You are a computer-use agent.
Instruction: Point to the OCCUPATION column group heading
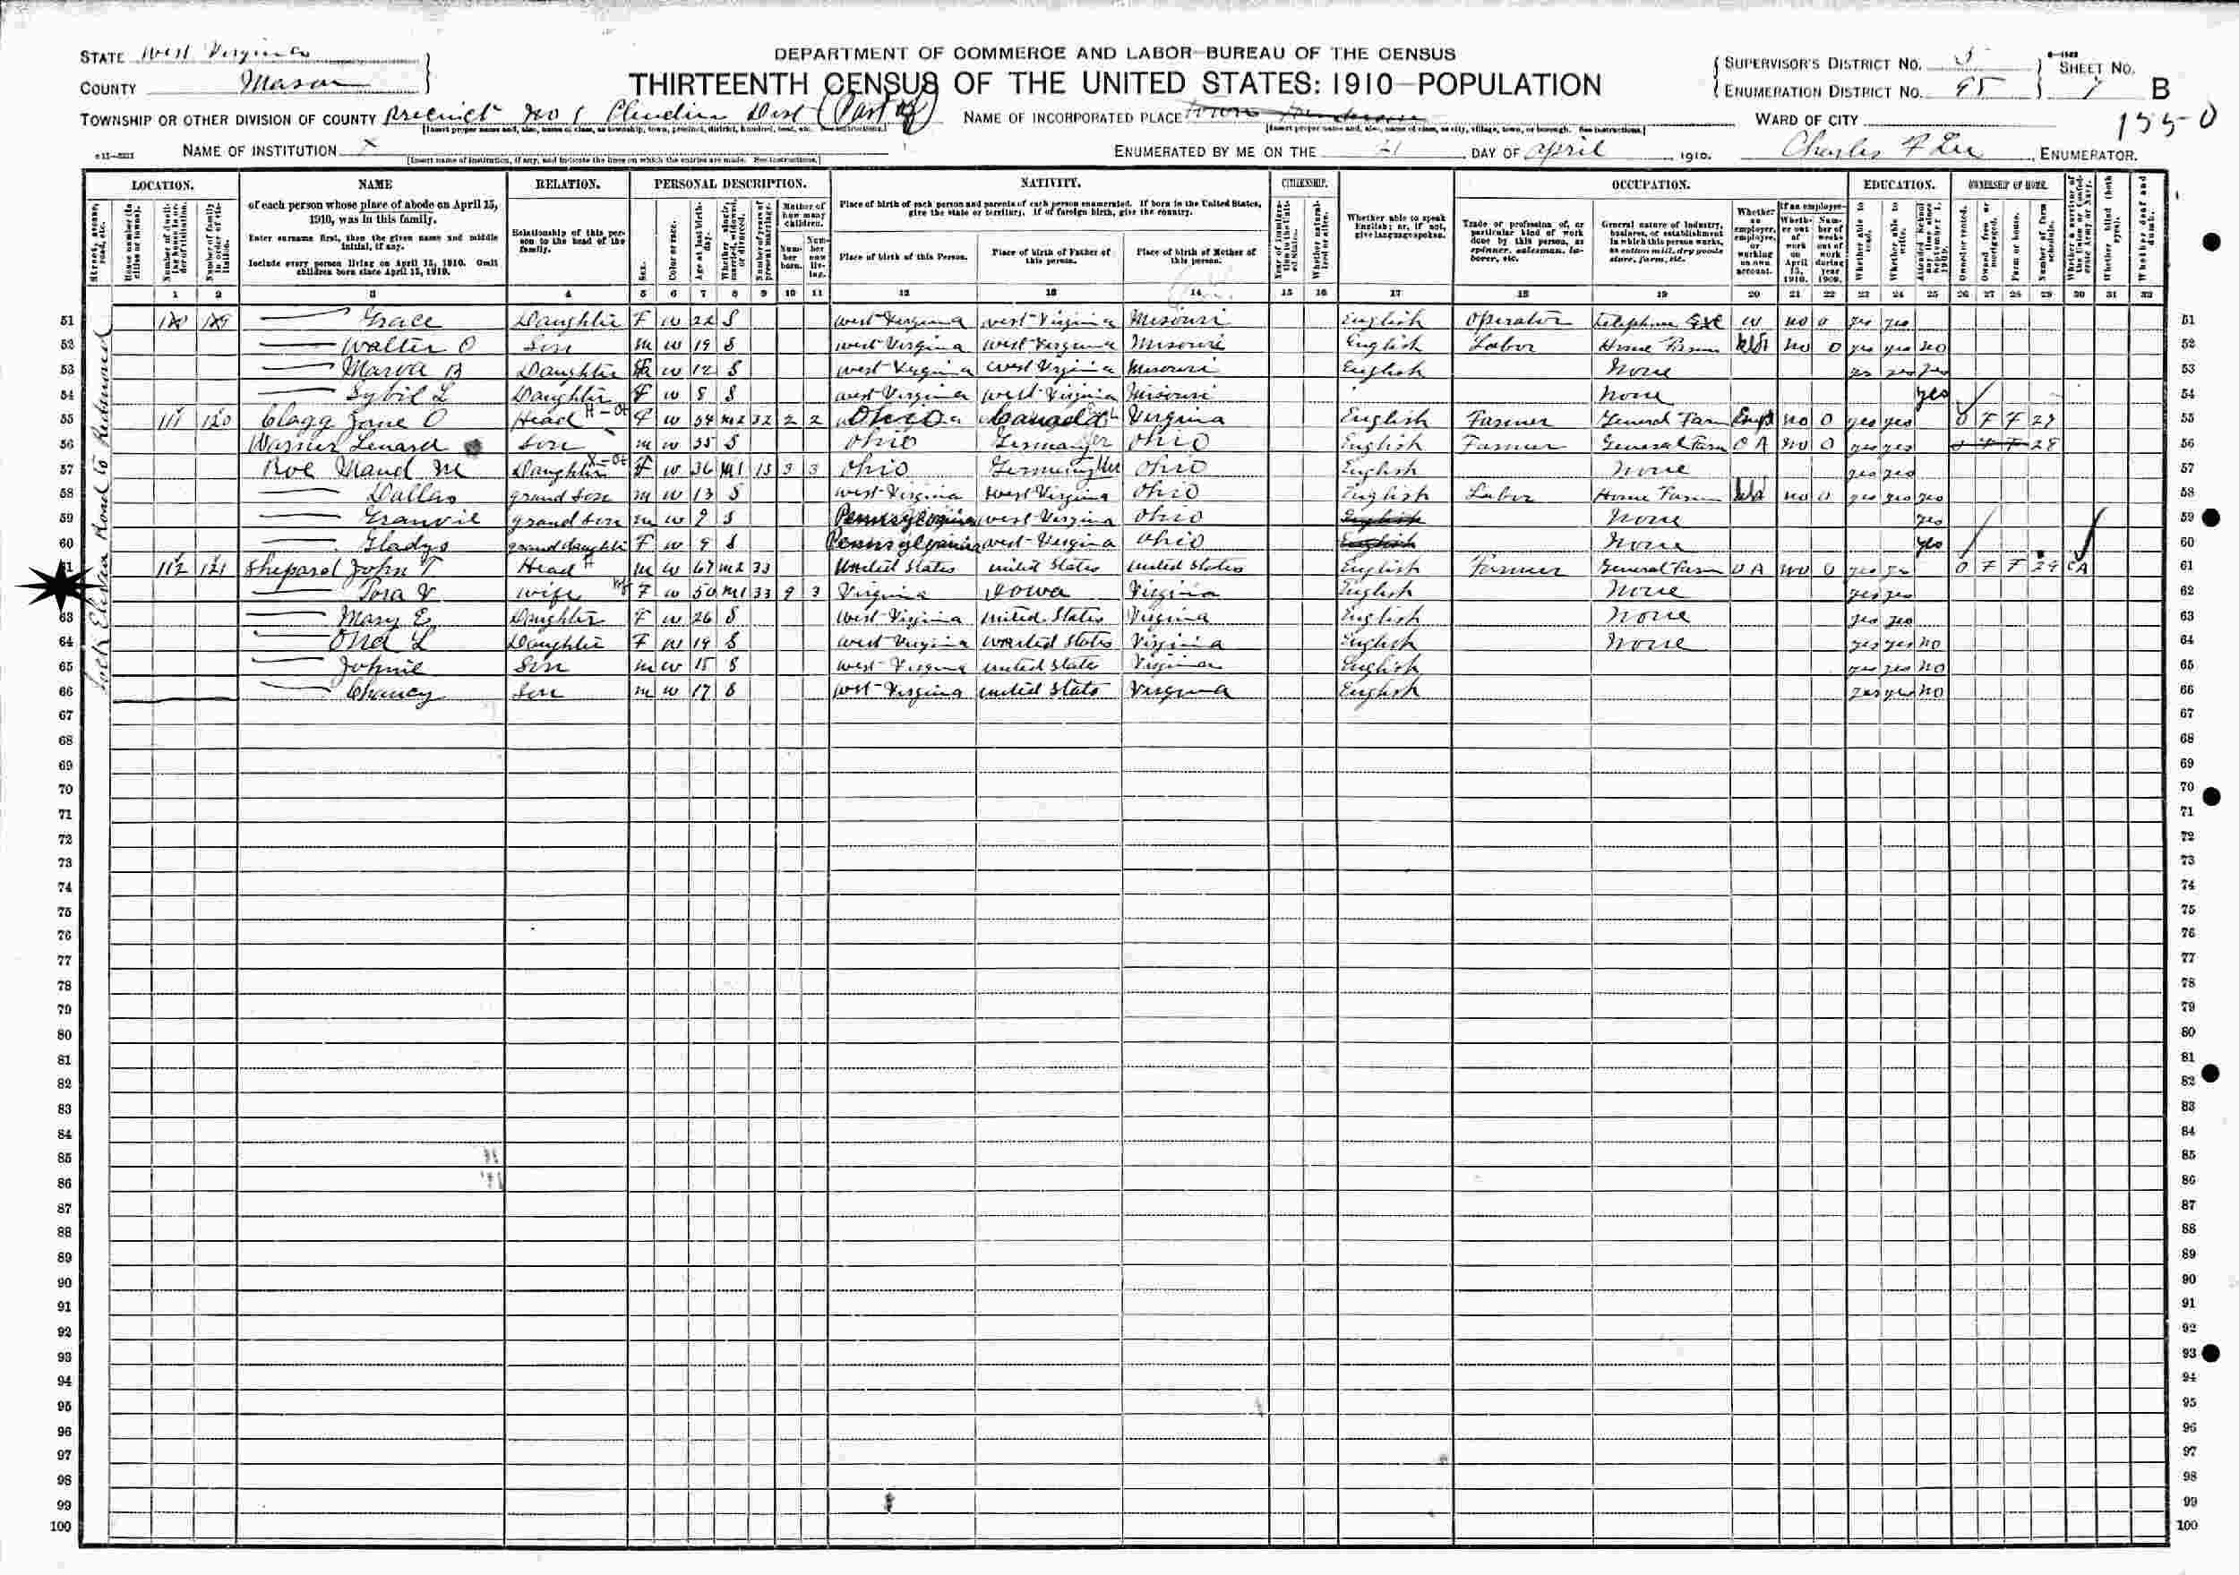pos(1650,184)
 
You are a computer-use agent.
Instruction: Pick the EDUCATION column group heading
pos(1898,184)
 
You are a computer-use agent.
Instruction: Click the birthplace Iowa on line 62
pos(1024,592)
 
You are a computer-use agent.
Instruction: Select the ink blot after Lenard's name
pos(475,445)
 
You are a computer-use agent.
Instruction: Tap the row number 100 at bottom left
pos(61,1552)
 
